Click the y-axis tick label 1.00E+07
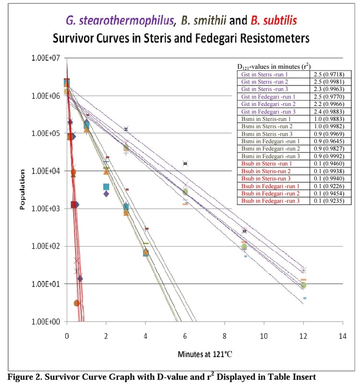pos(46,58)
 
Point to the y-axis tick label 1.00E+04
pos(46,171)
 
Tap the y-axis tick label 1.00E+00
pos(46,321)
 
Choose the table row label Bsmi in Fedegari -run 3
pos(269,156)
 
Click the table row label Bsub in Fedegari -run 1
pos(269,186)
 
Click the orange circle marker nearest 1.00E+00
pos(77,303)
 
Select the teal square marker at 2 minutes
pos(106,186)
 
